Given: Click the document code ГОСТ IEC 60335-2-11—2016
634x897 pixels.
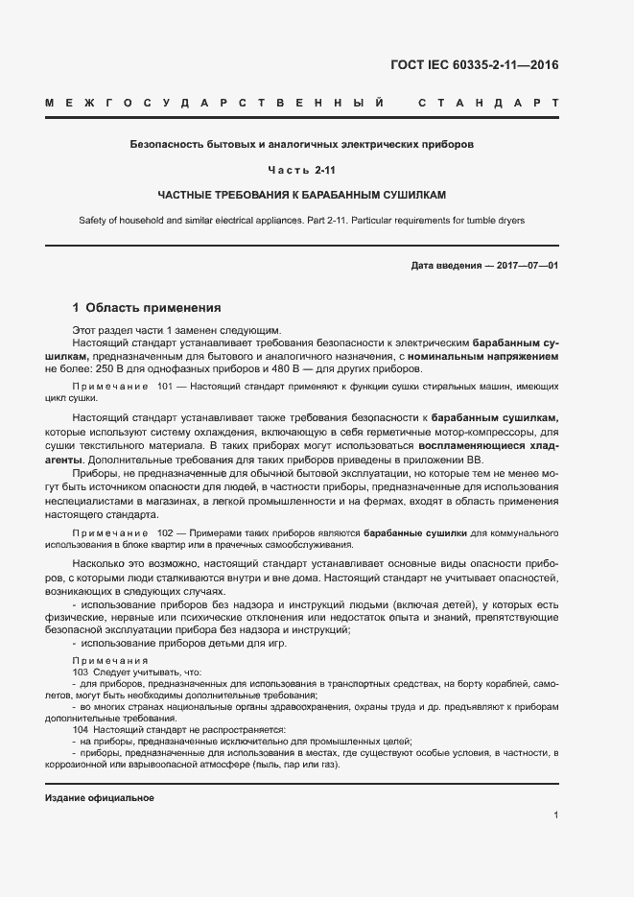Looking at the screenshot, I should [x=475, y=66].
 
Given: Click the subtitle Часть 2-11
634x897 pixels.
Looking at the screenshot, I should [x=301, y=170].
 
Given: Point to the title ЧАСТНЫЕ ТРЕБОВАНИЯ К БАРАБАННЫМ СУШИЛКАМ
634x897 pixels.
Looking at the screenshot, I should [x=301, y=195].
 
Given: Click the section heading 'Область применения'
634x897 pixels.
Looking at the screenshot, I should [x=153, y=308].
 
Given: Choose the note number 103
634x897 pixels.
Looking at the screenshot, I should [x=81, y=673].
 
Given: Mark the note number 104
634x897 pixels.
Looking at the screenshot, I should [x=81, y=729].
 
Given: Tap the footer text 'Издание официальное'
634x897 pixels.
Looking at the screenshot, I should [x=100, y=798].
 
